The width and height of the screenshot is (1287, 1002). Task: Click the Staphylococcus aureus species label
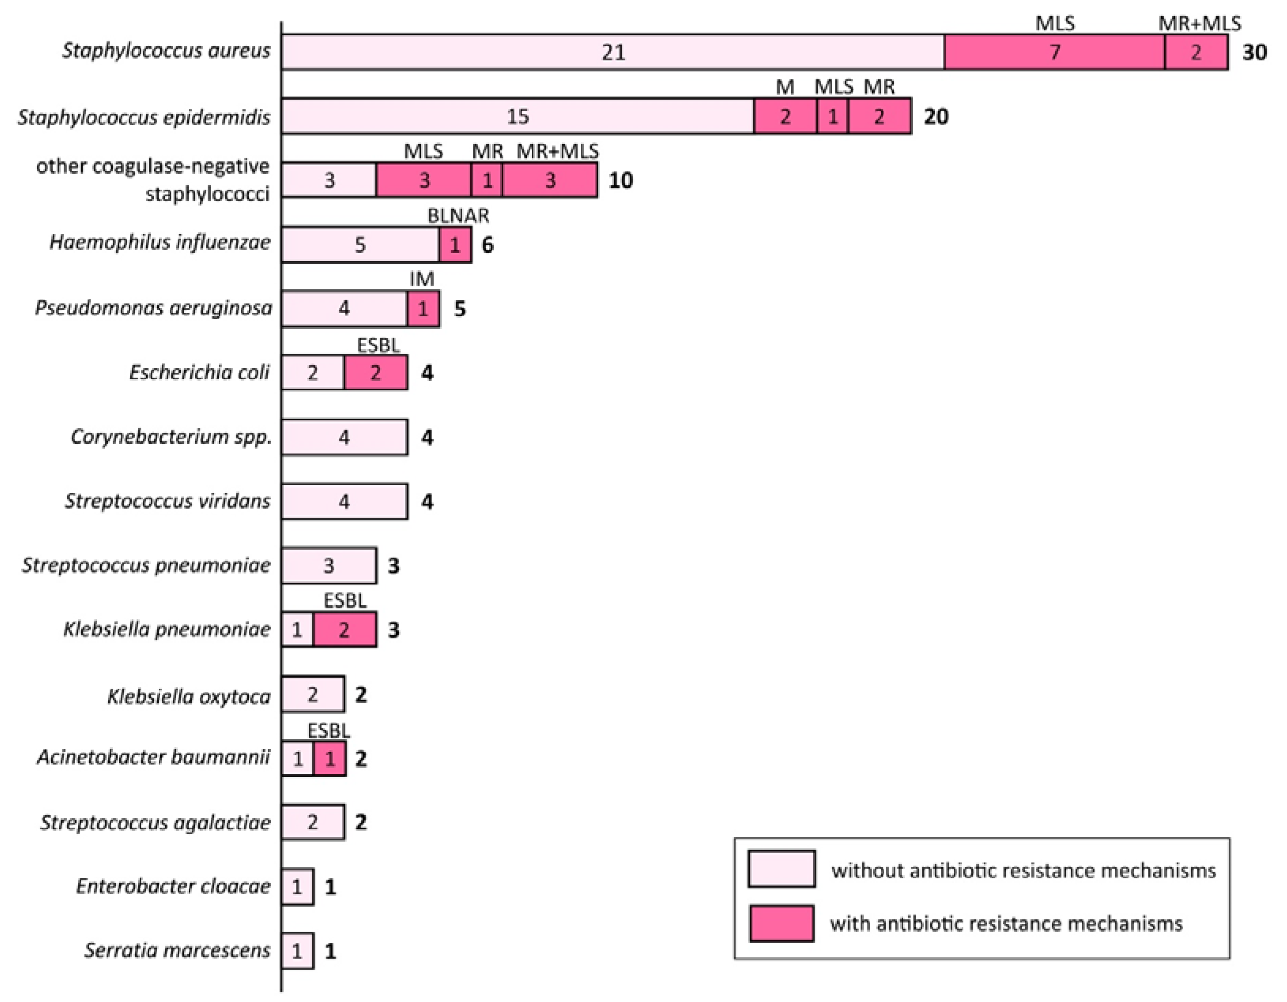coord(166,51)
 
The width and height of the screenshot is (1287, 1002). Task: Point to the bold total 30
coord(1254,53)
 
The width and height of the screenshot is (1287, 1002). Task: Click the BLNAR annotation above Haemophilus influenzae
coord(458,216)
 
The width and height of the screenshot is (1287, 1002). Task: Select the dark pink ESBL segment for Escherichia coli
coord(376,373)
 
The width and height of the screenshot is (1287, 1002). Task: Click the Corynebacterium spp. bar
coord(344,437)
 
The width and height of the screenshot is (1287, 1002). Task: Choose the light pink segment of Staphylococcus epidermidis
coord(518,116)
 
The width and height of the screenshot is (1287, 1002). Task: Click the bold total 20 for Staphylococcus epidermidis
coord(936,116)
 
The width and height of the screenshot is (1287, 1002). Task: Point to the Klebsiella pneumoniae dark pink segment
coord(345,630)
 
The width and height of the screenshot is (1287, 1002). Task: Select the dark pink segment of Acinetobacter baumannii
coord(329,759)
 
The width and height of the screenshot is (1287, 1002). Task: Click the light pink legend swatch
coord(781,869)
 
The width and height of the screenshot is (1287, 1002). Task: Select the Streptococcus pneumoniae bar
coord(329,565)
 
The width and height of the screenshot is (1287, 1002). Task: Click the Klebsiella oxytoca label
coord(189,697)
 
